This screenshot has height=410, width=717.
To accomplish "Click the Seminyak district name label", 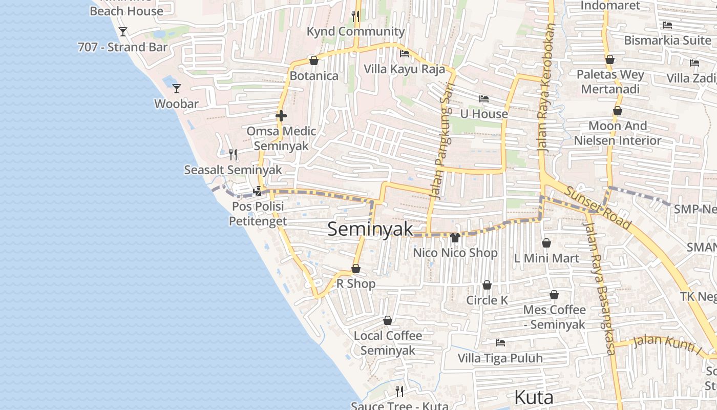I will click(370, 229).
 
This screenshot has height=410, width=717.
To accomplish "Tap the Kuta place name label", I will click(533, 397).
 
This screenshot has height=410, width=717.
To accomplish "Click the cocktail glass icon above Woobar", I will click(177, 89).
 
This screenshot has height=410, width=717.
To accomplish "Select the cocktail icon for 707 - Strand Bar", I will click(123, 32).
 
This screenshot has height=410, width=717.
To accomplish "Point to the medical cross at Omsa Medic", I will click(281, 116).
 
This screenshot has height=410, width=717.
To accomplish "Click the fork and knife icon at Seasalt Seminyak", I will click(233, 154).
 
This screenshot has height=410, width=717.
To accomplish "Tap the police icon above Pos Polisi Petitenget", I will click(258, 191).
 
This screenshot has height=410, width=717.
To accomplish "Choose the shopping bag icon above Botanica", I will click(314, 60).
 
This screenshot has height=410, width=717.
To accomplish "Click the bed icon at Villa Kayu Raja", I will click(405, 53).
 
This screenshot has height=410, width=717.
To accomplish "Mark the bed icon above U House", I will click(484, 98).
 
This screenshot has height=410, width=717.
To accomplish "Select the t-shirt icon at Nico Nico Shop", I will click(455, 237).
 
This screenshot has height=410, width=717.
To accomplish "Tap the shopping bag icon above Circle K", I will click(487, 285).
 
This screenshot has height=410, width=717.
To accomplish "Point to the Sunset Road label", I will click(598, 207).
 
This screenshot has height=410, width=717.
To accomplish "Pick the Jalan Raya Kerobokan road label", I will click(546, 87).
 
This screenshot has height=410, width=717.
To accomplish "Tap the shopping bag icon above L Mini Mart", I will click(546, 243).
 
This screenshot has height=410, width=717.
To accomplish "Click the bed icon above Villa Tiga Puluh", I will click(500, 342).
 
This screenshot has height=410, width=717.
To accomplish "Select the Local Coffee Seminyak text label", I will click(388, 343).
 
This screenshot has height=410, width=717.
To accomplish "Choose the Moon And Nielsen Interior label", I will click(618, 133).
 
